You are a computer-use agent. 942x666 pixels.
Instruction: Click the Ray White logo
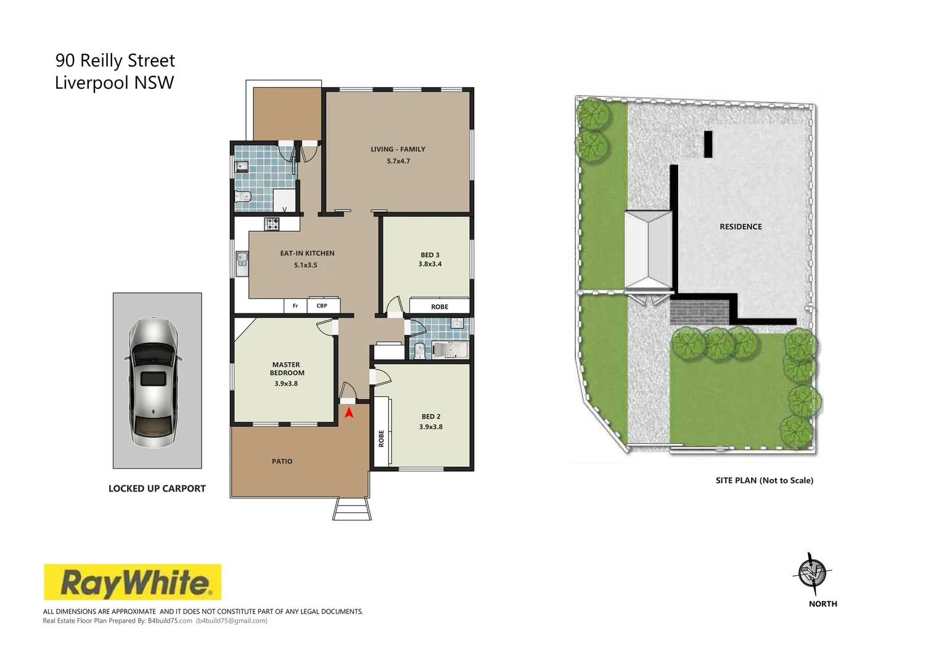coord(132,582)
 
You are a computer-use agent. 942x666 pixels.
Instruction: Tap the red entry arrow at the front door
coord(349,413)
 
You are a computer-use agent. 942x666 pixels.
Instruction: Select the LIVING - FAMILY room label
coord(398,149)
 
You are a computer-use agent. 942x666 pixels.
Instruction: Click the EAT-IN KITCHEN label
coord(307,253)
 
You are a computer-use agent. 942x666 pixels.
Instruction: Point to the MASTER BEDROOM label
coord(287,369)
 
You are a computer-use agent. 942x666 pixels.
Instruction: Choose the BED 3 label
coord(430,255)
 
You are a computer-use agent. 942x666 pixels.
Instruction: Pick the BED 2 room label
coord(431,417)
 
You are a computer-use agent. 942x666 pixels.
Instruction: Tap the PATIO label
coord(282,461)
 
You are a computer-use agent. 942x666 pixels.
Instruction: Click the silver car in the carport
coord(153,382)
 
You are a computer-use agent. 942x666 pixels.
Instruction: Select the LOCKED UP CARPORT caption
coord(157,488)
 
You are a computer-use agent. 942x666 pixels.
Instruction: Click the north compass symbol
coord(812,573)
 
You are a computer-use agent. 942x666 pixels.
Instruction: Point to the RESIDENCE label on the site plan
coord(740,227)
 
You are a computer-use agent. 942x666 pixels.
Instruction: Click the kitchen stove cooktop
coord(272,224)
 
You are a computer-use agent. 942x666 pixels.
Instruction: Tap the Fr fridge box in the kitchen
coord(295,306)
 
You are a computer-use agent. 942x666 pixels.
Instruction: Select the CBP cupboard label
coord(322,306)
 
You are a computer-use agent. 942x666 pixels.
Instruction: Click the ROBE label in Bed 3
coord(440,306)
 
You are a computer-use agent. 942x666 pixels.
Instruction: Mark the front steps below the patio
coord(352,509)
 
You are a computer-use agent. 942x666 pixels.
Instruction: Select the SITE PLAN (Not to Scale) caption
coord(764,480)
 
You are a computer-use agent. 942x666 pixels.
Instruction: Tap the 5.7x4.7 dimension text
coord(398,161)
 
